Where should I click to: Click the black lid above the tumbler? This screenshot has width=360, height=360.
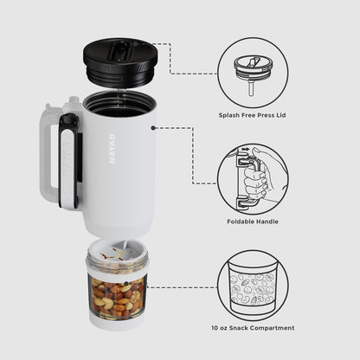[x=121, y=62]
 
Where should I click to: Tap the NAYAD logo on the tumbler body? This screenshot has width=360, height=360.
[x=112, y=148]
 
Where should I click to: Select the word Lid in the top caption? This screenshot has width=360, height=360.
[x=280, y=115]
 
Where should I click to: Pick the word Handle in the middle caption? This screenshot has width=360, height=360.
[x=267, y=222]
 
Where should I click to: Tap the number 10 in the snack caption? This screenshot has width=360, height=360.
[x=215, y=328]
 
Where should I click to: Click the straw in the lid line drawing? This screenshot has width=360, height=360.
[x=252, y=89]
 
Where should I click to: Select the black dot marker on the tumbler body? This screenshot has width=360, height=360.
[x=153, y=128]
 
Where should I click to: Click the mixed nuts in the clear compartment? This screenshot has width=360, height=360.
[x=117, y=296]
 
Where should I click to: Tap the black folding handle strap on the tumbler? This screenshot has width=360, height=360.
[x=69, y=161]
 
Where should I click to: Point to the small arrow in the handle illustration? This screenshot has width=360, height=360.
[x=246, y=150]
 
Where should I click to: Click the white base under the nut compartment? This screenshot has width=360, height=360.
[x=117, y=321]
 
